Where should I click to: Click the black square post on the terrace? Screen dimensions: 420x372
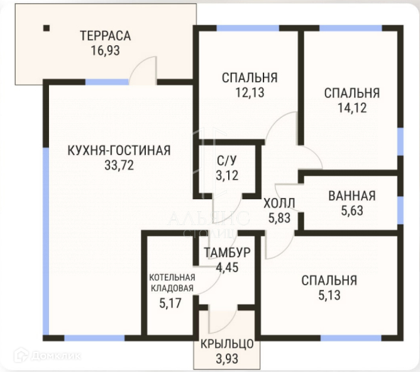click(47, 28)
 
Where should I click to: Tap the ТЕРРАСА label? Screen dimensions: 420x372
click(106, 36)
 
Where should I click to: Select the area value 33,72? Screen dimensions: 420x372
click(119, 165)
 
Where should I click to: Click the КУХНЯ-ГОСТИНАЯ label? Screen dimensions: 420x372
click(119, 150)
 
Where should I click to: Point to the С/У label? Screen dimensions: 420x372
click(227, 161)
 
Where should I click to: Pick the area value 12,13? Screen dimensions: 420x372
click(250, 92)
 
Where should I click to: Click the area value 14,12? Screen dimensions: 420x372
click(352, 108)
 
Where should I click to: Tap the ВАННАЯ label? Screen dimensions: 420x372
click(352, 196)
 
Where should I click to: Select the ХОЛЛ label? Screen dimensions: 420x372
click(279, 204)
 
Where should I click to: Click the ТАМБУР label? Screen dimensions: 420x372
click(227, 253)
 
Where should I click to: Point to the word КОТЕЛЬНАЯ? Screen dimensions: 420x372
click(172, 277)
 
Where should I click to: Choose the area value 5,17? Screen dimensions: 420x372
click(170, 304)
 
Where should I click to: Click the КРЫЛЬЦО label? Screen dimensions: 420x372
click(227, 344)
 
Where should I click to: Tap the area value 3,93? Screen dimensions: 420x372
click(227, 359)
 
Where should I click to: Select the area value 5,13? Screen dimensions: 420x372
click(329, 295)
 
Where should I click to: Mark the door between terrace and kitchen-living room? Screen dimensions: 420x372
click(143, 70)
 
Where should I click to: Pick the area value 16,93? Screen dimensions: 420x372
click(105, 50)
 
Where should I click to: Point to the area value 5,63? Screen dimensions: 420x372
click(352, 211)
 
